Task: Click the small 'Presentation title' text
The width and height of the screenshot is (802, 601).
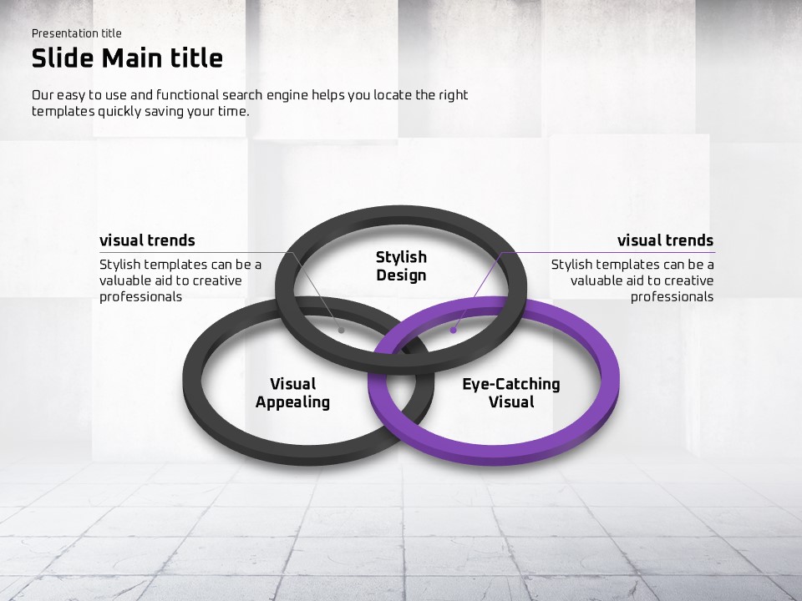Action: pyautogui.click(x=77, y=33)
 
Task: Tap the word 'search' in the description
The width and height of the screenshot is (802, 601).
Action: pyautogui.click(x=242, y=95)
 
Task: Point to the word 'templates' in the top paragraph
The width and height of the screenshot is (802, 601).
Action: pyautogui.click(x=63, y=112)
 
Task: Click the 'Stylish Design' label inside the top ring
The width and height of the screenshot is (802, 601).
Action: pyautogui.click(x=402, y=265)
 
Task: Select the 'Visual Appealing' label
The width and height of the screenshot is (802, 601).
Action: pyautogui.click(x=292, y=392)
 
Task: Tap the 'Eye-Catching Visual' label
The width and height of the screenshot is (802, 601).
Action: pyautogui.click(x=511, y=392)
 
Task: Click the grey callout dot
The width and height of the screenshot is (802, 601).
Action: pyautogui.click(x=341, y=331)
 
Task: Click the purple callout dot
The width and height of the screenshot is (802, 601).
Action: pyautogui.click(x=453, y=331)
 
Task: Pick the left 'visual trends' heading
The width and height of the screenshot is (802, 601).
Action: pyautogui.click(x=147, y=240)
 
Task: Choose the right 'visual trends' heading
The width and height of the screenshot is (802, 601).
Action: pyautogui.click(x=666, y=240)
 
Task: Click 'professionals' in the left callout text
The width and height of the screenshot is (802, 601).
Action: pyautogui.click(x=140, y=297)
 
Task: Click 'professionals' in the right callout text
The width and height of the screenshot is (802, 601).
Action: pyautogui.click(x=672, y=297)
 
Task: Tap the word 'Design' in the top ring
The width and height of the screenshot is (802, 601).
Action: pyautogui.click(x=402, y=275)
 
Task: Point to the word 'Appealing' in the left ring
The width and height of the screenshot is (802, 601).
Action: pyautogui.click(x=292, y=402)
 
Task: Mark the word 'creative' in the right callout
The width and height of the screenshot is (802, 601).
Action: pyautogui.click(x=688, y=280)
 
